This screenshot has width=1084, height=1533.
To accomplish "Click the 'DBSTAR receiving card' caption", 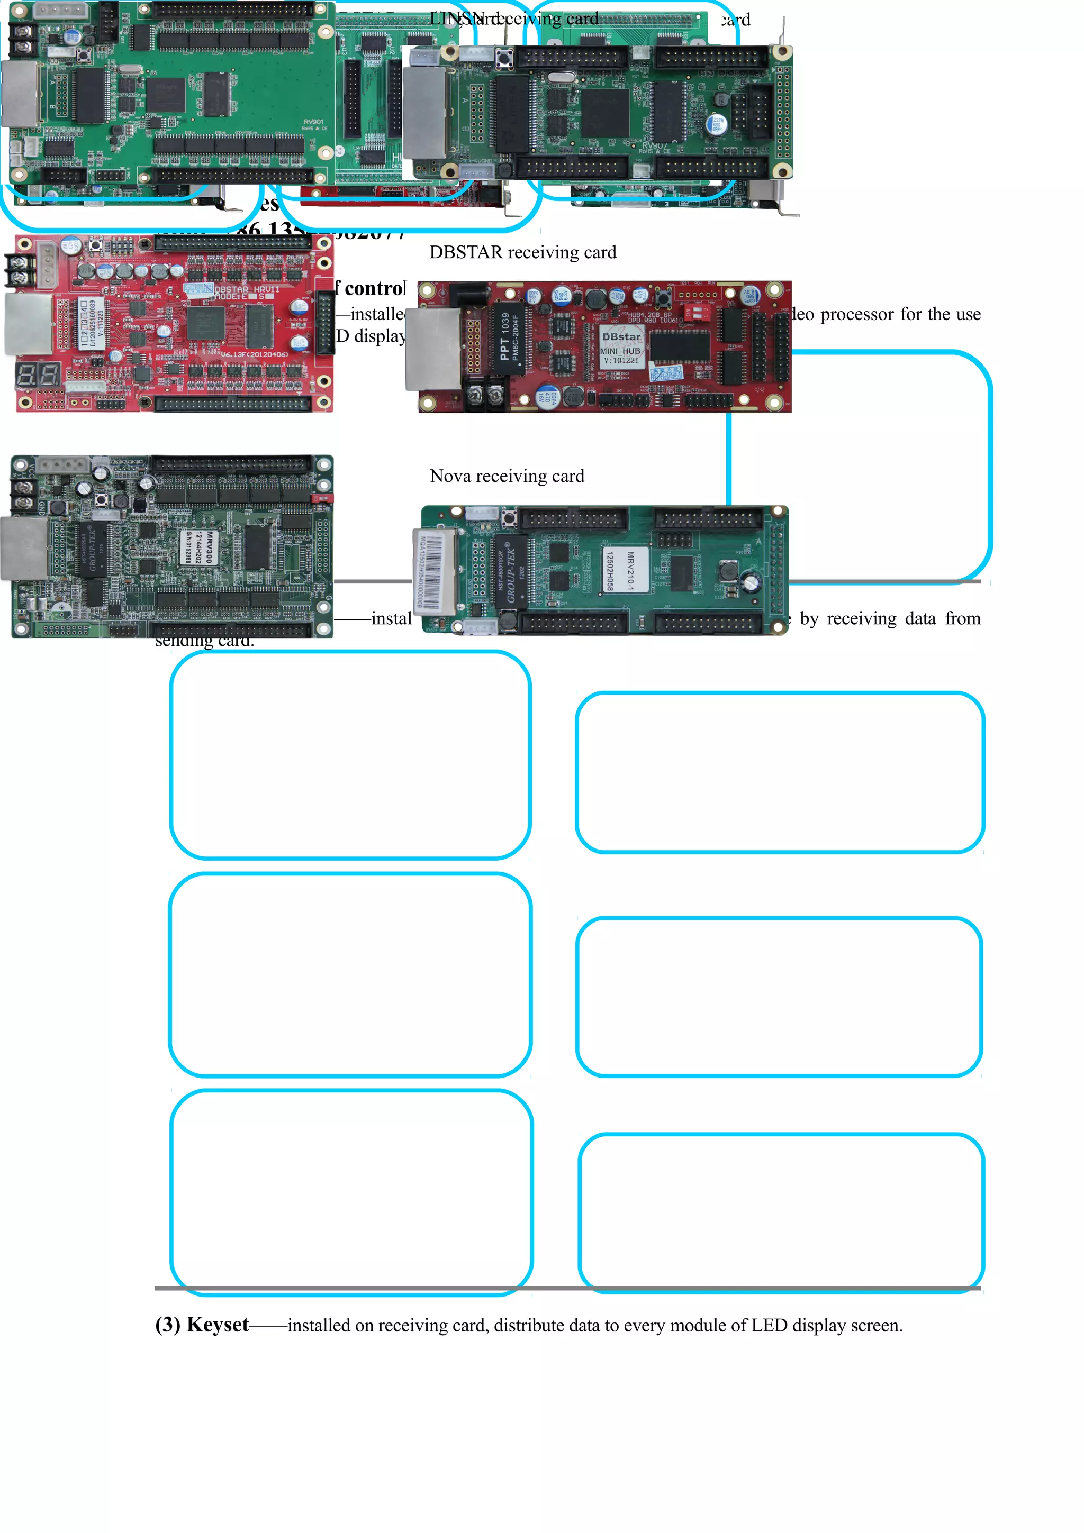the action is pos(522,252).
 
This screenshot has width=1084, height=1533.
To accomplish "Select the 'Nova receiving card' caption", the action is pos(507,476).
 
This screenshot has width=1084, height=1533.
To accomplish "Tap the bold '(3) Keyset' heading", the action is pos(202,1325).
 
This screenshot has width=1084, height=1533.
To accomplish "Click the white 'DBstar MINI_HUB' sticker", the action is pos(620,346).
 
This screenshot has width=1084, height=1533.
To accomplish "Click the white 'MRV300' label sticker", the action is pos(198,547).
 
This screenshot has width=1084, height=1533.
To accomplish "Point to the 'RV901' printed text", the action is pos(313,122).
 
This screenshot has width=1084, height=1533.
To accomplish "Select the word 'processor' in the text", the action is pos(857,314).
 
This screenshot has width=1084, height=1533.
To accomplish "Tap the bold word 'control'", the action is pos(374,288).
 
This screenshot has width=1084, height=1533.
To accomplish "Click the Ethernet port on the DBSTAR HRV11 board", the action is pos(28,324).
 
